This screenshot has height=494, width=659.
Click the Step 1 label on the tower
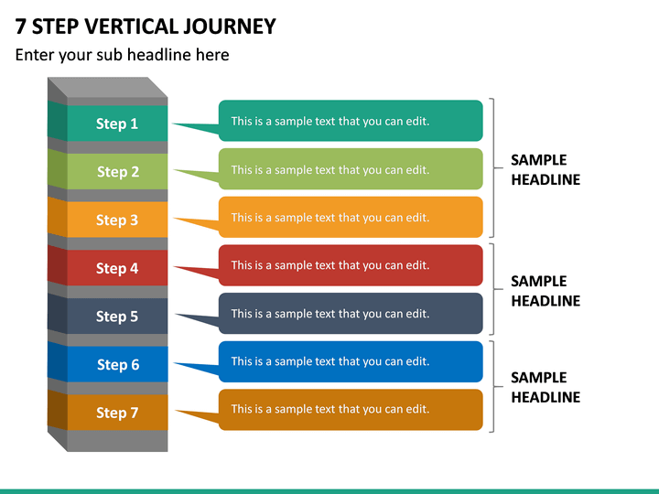[117, 123]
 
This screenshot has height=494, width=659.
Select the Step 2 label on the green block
[118, 171]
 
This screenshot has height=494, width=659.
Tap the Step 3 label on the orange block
[117, 220]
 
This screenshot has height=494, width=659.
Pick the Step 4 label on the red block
[117, 268]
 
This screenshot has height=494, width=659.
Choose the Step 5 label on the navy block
[117, 317]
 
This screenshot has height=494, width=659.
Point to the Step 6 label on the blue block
[118, 365]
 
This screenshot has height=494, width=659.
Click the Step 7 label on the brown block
[117, 413]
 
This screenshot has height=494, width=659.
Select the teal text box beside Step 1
[351, 121]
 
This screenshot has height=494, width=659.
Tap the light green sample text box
[351, 169]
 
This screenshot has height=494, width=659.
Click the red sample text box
[351, 265]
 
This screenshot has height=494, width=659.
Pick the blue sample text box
[351, 361]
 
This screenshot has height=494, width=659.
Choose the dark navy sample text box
[351, 314]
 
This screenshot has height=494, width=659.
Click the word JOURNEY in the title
[230, 27]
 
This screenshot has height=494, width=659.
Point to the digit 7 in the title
[20, 27]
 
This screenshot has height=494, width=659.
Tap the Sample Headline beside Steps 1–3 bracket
[546, 170]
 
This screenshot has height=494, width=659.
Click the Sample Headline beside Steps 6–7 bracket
[546, 387]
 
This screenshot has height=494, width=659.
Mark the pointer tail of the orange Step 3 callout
[197, 223]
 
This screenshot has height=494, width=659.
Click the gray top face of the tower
[107, 88]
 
